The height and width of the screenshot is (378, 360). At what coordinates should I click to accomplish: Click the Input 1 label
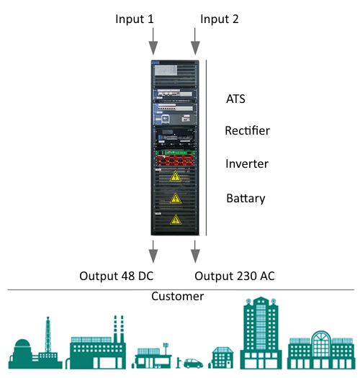[135, 19]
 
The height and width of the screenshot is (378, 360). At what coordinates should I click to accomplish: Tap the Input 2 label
[220, 19]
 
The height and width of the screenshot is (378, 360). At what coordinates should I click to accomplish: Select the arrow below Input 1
[153, 41]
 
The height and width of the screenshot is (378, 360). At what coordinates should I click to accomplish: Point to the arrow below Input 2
[195, 41]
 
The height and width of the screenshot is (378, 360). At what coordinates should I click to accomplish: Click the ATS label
[235, 99]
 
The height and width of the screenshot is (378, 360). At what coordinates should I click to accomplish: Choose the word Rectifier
[248, 130]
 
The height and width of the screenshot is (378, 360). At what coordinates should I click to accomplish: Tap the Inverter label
[247, 163]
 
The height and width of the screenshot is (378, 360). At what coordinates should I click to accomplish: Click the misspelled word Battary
[246, 199]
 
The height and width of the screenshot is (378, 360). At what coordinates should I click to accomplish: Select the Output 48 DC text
[117, 276]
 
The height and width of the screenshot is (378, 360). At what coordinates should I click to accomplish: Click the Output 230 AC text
[235, 276]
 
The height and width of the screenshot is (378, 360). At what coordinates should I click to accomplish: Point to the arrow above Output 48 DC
[153, 251]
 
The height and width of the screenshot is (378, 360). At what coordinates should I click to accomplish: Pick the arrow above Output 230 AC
[195, 251]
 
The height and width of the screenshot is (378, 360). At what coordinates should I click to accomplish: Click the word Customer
[177, 296]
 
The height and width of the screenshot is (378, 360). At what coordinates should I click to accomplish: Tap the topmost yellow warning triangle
[176, 176]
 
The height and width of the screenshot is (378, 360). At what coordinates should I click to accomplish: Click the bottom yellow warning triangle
[176, 220]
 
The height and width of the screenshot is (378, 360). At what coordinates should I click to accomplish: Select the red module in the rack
[175, 161]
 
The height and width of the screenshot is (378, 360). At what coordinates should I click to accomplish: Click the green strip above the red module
[175, 153]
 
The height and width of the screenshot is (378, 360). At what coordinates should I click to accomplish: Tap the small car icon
[193, 364]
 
